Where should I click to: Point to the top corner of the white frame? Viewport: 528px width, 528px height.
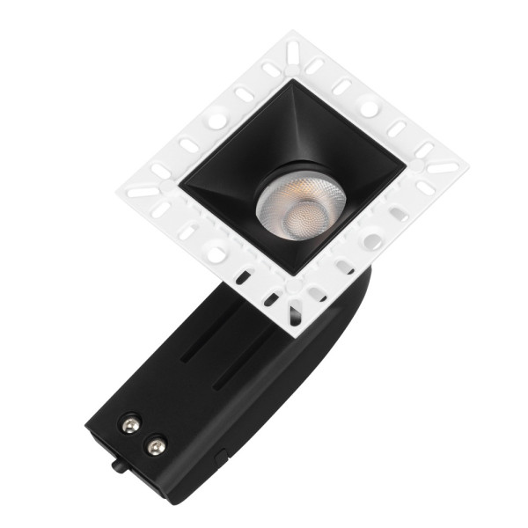pos(290,33)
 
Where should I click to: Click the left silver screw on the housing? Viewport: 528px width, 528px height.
pos(130,425)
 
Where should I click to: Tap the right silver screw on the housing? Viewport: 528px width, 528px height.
pos(156,446)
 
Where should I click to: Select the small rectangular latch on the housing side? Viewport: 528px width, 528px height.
pos(220,457)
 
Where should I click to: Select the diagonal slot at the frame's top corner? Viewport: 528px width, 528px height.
pos(291,51)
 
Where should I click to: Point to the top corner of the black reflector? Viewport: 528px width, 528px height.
pos(291,82)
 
